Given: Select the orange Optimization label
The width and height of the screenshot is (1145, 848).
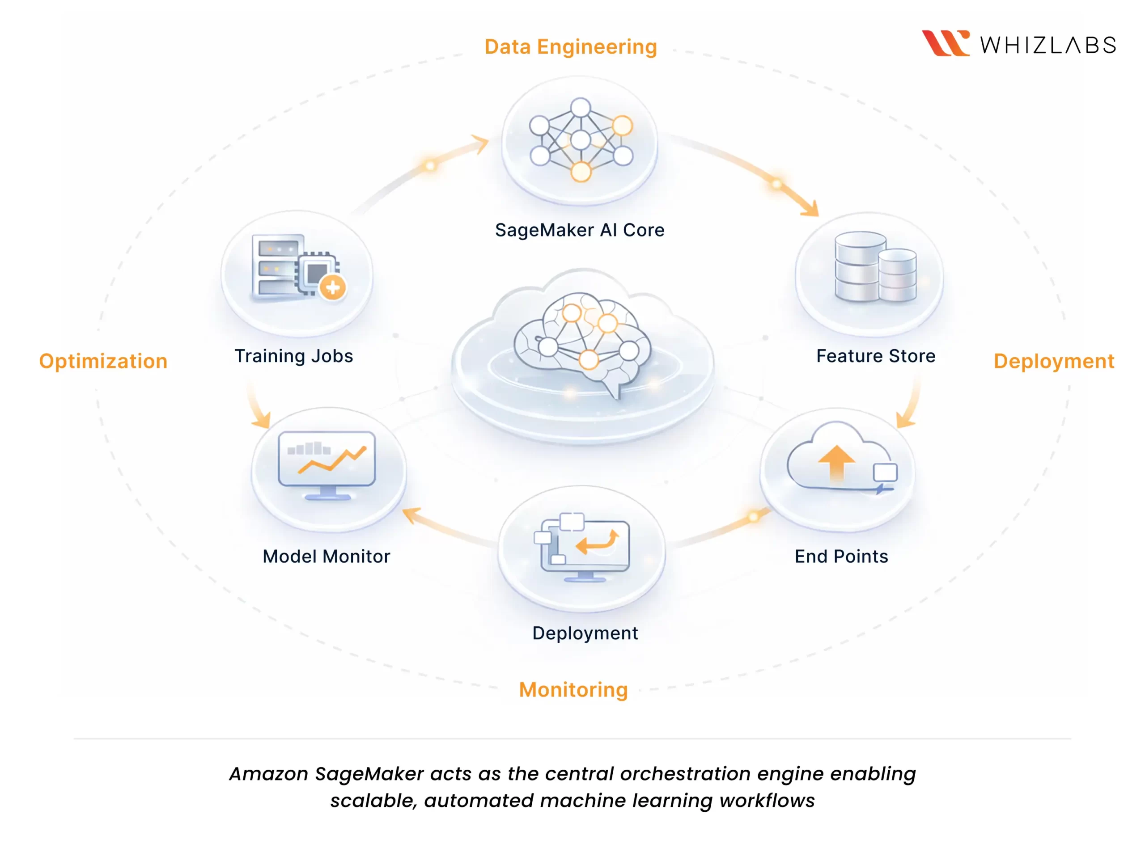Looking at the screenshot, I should (x=103, y=361).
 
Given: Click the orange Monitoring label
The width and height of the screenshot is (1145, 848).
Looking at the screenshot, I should (x=573, y=689).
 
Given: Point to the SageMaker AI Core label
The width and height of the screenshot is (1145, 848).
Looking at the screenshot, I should (x=579, y=230).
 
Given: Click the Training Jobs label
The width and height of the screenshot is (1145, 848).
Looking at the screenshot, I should (x=294, y=356).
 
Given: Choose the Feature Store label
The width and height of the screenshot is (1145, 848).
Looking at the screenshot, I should (x=875, y=356).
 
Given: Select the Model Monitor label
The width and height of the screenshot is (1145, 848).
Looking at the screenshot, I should (x=326, y=557).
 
